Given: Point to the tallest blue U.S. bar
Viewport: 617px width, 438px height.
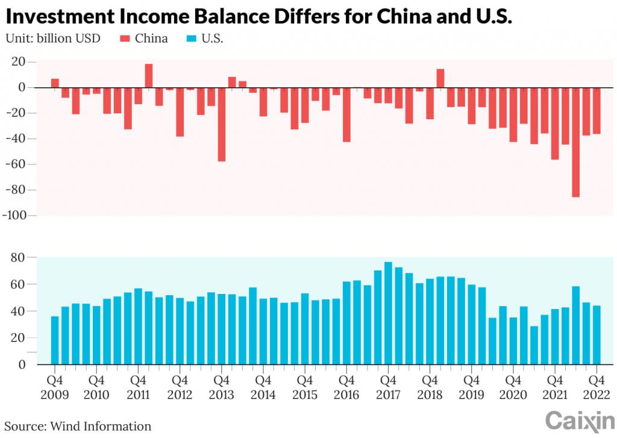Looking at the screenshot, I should tap(388, 313).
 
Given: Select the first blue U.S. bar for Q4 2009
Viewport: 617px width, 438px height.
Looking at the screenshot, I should tap(55, 340).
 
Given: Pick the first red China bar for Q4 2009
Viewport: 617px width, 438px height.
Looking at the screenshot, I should tap(55, 83).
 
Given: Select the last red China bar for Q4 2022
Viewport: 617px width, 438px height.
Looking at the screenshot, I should tap(597, 111).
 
